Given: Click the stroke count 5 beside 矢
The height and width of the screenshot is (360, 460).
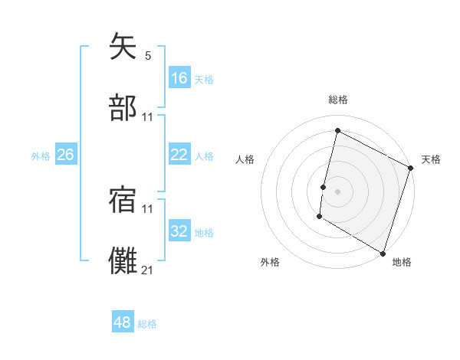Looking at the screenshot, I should (148, 56).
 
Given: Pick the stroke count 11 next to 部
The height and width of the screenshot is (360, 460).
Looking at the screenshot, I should (148, 116).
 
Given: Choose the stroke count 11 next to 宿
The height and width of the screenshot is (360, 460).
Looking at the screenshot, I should (148, 208).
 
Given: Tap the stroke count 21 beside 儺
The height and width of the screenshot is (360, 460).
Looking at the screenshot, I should (148, 269).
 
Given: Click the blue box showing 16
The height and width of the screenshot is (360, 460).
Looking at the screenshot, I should (179, 78).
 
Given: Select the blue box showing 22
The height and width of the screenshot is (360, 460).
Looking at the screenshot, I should (179, 155).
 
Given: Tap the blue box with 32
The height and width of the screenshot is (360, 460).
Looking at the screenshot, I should (179, 231).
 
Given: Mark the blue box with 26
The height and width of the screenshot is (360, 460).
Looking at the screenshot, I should (66, 155).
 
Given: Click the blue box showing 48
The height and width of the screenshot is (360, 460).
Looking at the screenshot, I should (123, 322).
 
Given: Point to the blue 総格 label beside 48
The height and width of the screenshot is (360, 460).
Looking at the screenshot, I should (148, 324).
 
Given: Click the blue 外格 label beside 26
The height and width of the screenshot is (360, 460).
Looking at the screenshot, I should (41, 156).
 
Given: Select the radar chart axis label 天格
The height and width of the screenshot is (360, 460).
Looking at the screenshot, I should (431, 159).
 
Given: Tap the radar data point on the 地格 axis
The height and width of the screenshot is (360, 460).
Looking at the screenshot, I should (383, 253).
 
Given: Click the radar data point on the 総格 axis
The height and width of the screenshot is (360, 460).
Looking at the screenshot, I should (337, 131).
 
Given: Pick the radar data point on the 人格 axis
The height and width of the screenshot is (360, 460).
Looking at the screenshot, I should (324, 187).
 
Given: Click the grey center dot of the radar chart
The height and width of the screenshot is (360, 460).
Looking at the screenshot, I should (337, 191).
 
